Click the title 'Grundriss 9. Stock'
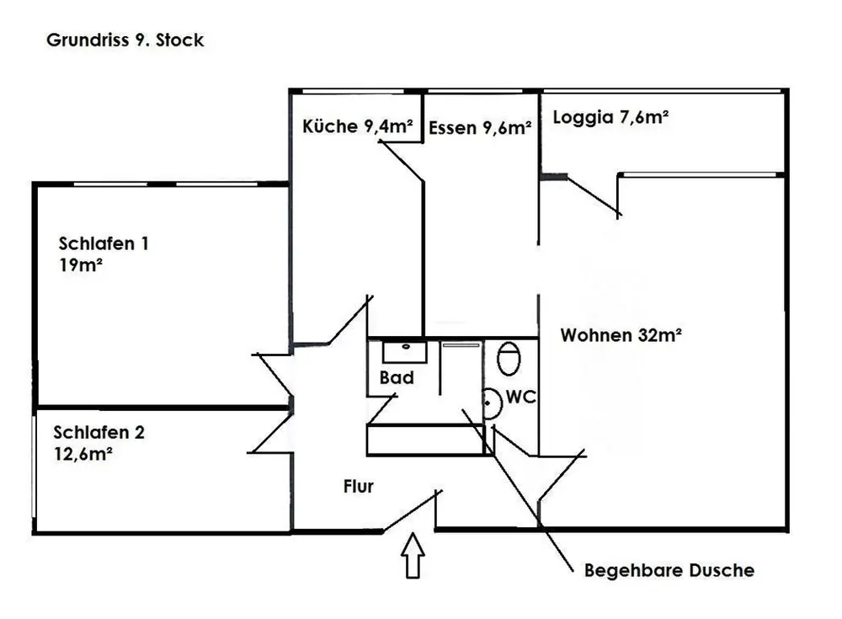pos(125,40)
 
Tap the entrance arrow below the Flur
pos(413,557)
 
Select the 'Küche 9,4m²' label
pos(357,127)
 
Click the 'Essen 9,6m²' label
pos(480,129)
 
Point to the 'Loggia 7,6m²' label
pos(610,118)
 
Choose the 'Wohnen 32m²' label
pos(621,335)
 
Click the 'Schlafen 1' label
pos(104,244)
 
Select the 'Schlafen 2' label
pos(99,433)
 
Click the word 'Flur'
pos(358,486)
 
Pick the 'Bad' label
pos(397,378)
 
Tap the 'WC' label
pos(522,397)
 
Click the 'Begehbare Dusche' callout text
pos(669,570)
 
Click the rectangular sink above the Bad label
pos(405,350)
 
